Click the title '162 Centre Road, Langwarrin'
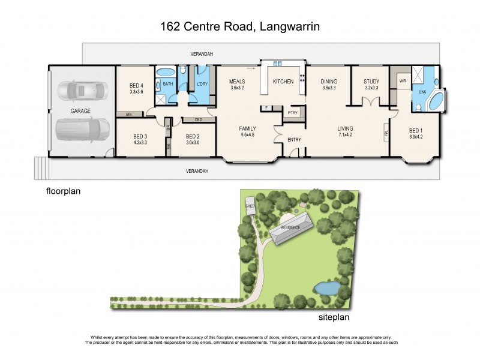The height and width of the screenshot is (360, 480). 240,26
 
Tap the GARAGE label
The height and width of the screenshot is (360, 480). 80,111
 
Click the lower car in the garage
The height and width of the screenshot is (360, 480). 82,129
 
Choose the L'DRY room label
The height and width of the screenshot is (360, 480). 202,84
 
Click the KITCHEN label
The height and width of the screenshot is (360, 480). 283,82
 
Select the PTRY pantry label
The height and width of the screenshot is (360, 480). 293,113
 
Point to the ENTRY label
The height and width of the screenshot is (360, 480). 294,140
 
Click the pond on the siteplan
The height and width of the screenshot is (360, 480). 326,288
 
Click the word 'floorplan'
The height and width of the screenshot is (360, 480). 63,192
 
